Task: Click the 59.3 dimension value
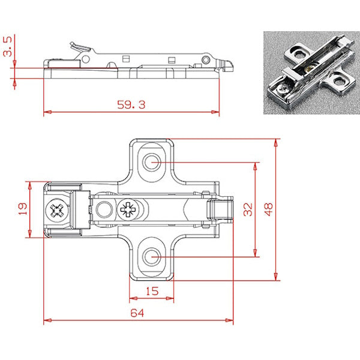pyautogui.click(x=131, y=103)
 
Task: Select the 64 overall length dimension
pyautogui.click(x=137, y=313)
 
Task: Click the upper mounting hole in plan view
pyautogui.click(x=152, y=161)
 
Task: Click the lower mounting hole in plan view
pyautogui.click(x=152, y=257)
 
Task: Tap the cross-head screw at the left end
pyautogui.click(x=58, y=211)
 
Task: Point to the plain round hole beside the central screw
pyautogui.click(x=104, y=209)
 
